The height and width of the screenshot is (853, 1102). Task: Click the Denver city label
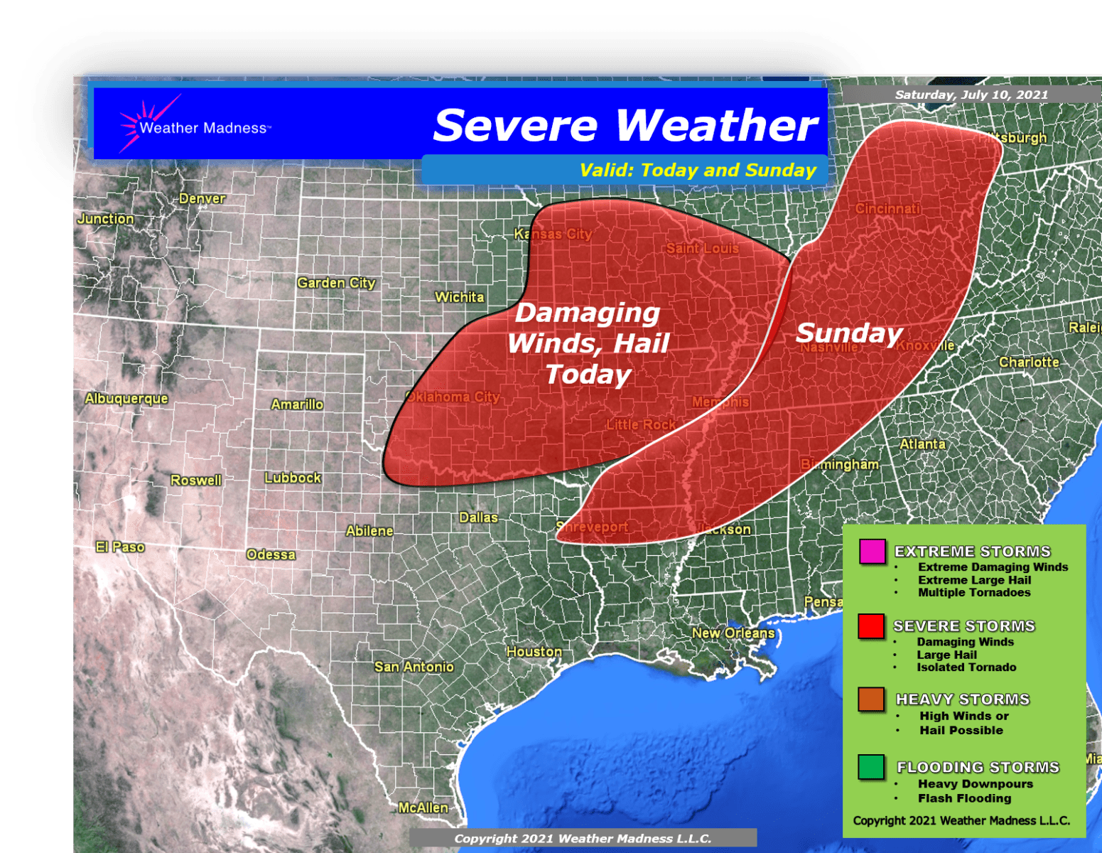pyautogui.click(x=202, y=198)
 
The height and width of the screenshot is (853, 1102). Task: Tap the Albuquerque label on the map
pyautogui.click(x=126, y=398)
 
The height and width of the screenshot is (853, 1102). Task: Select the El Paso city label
pyautogui.click(x=120, y=547)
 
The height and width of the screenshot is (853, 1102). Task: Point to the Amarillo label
pyautogui.click(x=297, y=404)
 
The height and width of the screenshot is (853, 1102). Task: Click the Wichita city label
pyautogui.click(x=459, y=297)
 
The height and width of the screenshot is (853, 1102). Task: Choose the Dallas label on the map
pyautogui.click(x=478, y=517)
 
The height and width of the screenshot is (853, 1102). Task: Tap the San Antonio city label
pyautogui.click(x=414, y=667)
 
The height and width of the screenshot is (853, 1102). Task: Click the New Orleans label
pyautogui.click(x=733, y=633)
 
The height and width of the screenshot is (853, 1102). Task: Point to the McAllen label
pyautogui.click(x=423, y=808)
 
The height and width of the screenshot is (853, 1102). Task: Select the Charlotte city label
pyautogui.click(x=1029, y=362)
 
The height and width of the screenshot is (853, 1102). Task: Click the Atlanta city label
pyautogui.click(x=922, y=444)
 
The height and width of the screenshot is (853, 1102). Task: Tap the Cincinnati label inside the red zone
pyautogui.click(x=887, y=208)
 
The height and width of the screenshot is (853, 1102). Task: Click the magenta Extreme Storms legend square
pyautogui.click(x=872, y=552)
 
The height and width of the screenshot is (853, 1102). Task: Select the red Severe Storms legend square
pyautogui.click(x=870, y=626)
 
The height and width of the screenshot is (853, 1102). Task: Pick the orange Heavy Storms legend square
pyautogui.click(x=870, y=699)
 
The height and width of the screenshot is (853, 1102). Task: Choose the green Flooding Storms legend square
pyautogui.click(x=870, y=767)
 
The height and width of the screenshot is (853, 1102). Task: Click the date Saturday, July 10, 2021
pyautogui.click(x=971, y=95)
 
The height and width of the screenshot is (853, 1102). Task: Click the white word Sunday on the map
pyautogui.click(x=849, y=333)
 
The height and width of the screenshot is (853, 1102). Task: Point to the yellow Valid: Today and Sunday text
pyautogui.click(x=698, y=171)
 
